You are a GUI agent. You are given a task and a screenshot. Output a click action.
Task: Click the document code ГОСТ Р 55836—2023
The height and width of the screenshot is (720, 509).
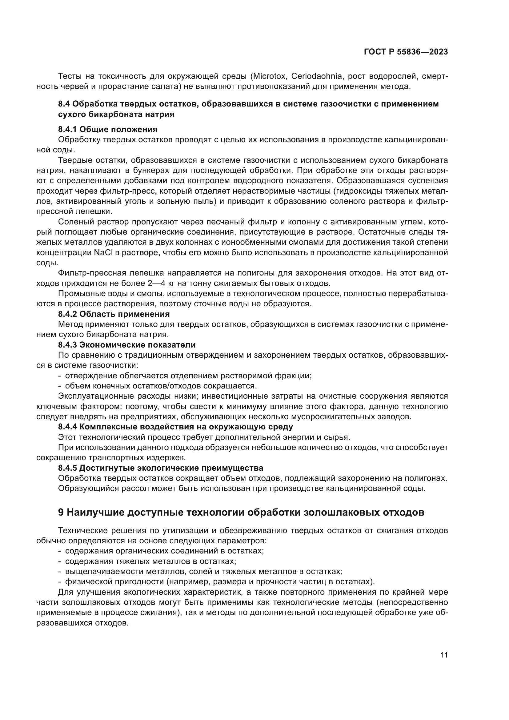coord(406,52)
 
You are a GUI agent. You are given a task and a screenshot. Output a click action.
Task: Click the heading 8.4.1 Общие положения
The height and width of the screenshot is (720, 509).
coord(107,129)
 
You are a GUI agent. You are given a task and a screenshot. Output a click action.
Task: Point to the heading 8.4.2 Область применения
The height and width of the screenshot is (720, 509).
coord(114,314)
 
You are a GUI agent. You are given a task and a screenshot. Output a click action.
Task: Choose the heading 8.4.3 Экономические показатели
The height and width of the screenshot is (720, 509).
coord(126,345)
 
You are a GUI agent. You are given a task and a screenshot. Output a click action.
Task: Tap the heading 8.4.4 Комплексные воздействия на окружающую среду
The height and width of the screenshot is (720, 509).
coord(175,427)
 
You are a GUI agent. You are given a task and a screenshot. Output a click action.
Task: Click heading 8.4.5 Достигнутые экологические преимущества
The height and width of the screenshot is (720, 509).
coord(160,468)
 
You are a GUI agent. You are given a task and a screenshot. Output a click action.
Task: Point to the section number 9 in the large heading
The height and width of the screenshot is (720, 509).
coord(61,513)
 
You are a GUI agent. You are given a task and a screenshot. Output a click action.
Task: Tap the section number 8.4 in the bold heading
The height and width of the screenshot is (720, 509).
coord(65,104)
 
